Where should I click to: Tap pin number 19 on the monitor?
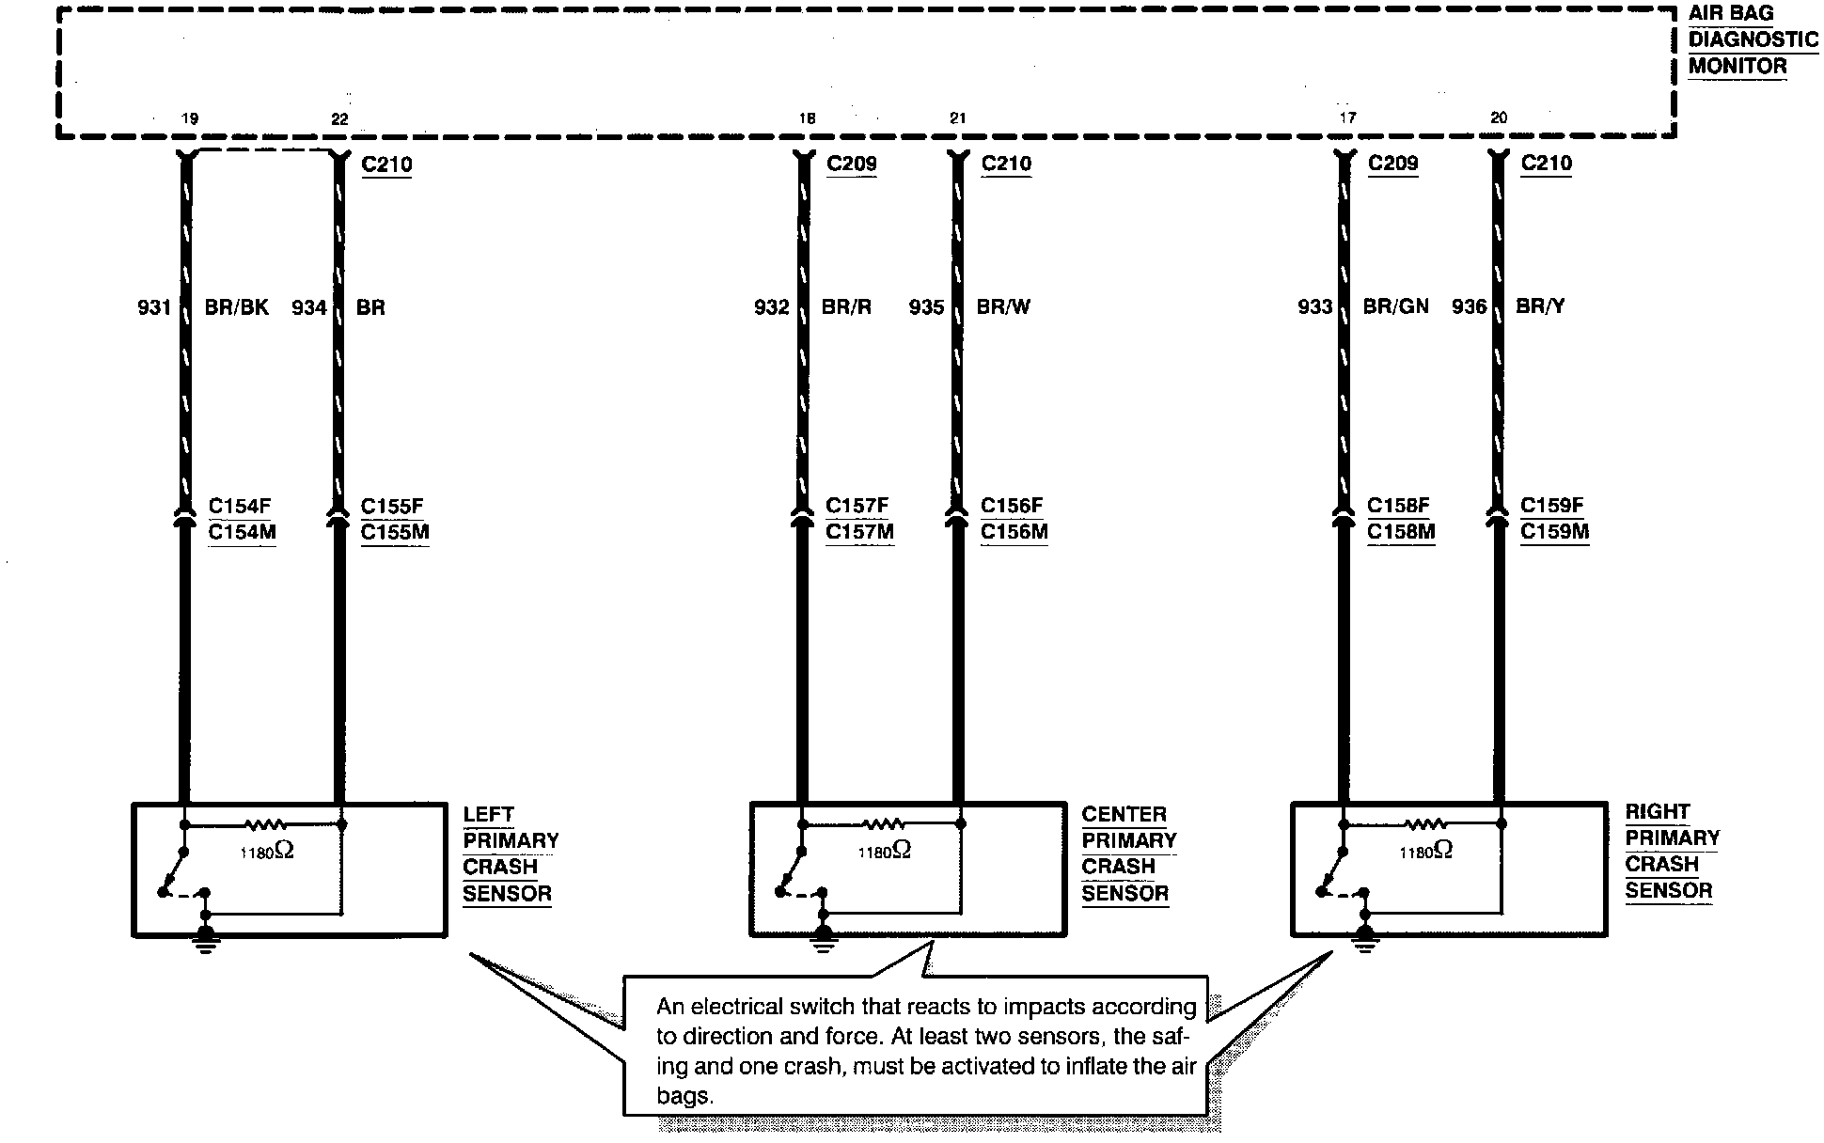tap(190, 118)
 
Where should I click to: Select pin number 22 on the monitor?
tap(339, 118)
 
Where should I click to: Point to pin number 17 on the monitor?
tap(1347, 117)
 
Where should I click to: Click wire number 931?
tap(154, 307)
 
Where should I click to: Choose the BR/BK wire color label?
tap(237, 307)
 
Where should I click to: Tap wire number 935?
tap(926, 306)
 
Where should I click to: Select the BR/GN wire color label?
tap(1395, 305)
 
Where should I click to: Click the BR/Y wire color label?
tap(1540, 305)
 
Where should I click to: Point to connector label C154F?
tap(240, 506)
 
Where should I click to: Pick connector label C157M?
tap(859, 532)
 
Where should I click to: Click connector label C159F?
tap(1552, 505)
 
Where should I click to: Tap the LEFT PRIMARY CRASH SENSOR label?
tap(510, 853)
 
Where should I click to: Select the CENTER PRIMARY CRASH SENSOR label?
tap(1128, 853)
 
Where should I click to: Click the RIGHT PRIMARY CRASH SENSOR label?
tap(1672, 851)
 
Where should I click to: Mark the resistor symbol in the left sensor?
tap(264, 825)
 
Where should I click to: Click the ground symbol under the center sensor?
tap(824, 940)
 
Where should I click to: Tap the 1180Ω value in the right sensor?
tap(1425, 851)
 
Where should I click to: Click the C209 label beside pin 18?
tap(852, 164)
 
